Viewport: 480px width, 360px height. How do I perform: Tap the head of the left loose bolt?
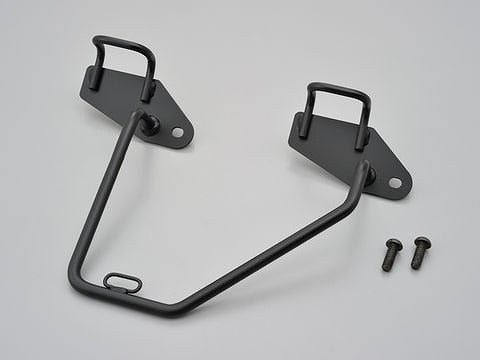click(392, 243)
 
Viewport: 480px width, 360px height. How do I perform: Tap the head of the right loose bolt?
click(421, 242)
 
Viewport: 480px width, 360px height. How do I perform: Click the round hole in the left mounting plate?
click(177, 131)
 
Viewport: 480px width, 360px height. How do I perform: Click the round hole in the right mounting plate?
click(394, 182)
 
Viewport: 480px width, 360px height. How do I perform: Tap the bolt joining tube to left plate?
click(148, 124)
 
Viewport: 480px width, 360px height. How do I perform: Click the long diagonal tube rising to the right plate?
click(270, 245)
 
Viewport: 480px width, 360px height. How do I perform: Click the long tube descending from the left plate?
click(100, 200)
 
